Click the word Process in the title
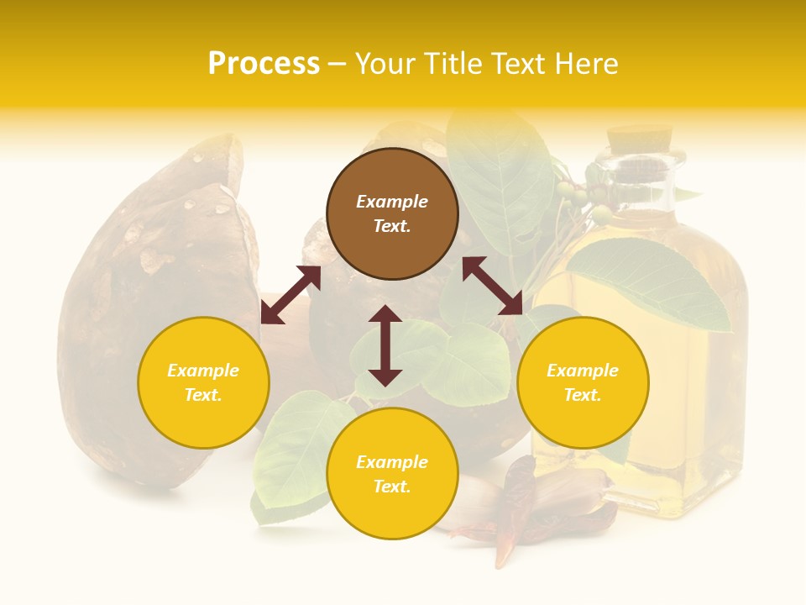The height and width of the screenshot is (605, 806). click(264, 64)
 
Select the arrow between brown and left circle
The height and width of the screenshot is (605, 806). click(290, 295)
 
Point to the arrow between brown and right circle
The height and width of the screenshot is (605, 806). click(492, 286)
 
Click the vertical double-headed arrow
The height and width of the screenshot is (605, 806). click(385, 345)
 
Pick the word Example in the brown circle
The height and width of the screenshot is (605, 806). click(392, 202)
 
